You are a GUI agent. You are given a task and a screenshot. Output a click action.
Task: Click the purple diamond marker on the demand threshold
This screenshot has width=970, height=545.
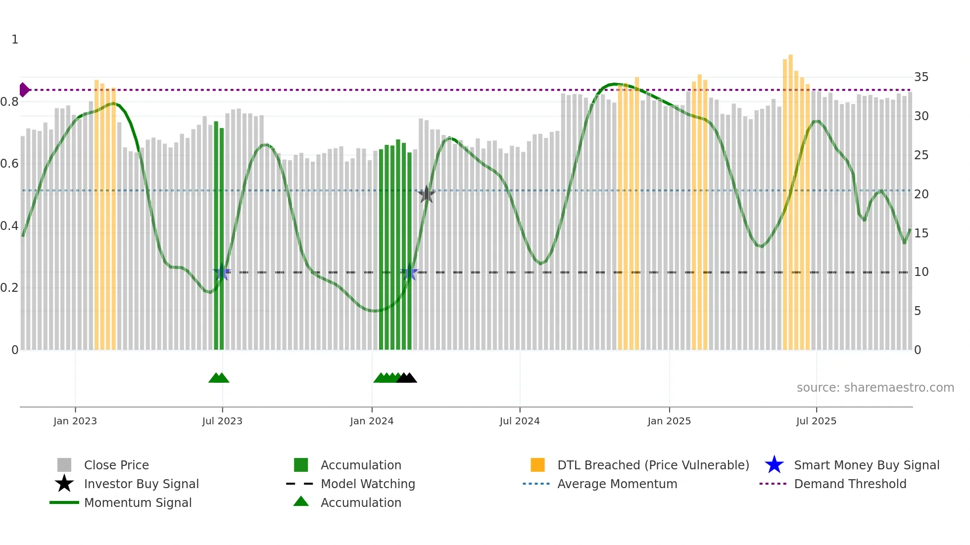point(24,90)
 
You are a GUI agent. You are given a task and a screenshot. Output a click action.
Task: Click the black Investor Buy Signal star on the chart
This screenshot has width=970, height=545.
point(426,194)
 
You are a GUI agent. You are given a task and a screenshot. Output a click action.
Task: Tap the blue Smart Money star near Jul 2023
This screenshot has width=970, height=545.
point(221,272)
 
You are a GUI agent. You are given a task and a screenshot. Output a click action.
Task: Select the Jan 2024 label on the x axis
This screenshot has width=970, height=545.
point(371,421)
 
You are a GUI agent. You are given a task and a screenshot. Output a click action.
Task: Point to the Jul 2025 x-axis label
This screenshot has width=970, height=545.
point(816,421)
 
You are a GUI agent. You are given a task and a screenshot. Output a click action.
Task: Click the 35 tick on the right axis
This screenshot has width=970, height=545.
point(921,77)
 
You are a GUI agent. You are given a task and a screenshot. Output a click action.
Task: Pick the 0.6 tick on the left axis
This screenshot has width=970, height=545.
point(9,164)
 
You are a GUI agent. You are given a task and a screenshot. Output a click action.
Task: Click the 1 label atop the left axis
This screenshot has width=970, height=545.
point(15,40)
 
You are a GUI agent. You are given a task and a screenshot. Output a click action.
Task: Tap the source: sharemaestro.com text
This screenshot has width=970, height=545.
point(875,388)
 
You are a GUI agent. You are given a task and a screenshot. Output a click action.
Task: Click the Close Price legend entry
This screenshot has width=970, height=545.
point(116,465)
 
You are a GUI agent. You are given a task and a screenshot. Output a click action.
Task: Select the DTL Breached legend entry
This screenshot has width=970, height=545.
point(652,465)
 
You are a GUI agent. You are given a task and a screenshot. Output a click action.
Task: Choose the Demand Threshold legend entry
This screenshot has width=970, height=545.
point(850,484)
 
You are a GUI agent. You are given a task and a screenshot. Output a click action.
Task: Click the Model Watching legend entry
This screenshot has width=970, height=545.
point(367,484)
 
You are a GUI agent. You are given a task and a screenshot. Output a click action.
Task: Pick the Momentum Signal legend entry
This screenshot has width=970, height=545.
point(138,502)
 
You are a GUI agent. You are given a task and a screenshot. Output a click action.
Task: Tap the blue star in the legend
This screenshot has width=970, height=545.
point(774,465)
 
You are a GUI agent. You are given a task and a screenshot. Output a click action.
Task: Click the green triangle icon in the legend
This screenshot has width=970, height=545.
point(301,501)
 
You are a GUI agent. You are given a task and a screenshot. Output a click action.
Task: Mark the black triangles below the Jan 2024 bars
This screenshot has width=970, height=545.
point(406,378)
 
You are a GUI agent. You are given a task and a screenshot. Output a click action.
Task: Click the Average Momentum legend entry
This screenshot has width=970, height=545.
point(617,484)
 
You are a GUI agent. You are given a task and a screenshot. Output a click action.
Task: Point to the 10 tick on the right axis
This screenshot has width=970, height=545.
point(921,272)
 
